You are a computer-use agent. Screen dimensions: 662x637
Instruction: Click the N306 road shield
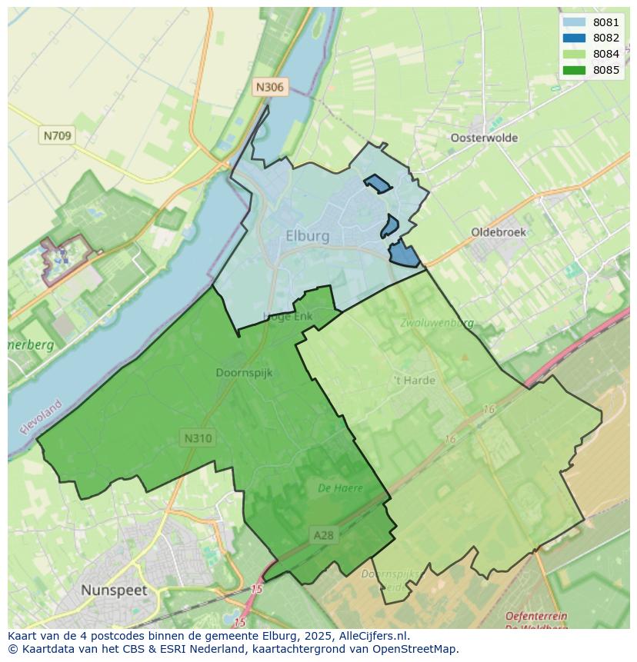(x=269, y=87)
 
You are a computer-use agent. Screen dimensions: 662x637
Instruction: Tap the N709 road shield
(x=57, y=136)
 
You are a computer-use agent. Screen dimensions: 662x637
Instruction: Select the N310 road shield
(x=198, y=438)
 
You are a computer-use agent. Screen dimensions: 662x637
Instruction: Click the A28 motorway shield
(x=324, y=535)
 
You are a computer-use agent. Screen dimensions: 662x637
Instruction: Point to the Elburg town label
(x=307, y=236)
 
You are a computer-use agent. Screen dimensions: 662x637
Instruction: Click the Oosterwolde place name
(x=484, y=138)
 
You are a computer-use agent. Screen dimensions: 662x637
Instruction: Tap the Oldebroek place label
(x=499, y=232)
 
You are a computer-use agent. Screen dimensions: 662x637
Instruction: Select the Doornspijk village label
(x=244, y=373)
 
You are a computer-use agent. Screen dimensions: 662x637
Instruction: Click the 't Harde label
(x=414, y=380)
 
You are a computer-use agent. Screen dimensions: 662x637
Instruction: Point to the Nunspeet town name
(x=114, y=590)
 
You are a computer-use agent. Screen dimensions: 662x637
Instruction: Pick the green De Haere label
(x=340, y=487)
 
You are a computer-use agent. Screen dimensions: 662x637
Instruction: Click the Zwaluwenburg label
(x=436, y=324)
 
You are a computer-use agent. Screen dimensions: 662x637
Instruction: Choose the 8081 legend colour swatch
(x=573, y=22)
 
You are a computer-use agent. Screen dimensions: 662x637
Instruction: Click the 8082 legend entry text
(x=606, y=38)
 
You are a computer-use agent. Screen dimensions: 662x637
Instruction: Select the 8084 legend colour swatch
(x=573, y=55)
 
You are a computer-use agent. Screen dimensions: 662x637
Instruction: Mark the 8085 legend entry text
(x=606, y=71)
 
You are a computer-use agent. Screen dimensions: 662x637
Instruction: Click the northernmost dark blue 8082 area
(x=377, y=184)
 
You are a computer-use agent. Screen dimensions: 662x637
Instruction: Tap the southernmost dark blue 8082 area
(x=403, y=254)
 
